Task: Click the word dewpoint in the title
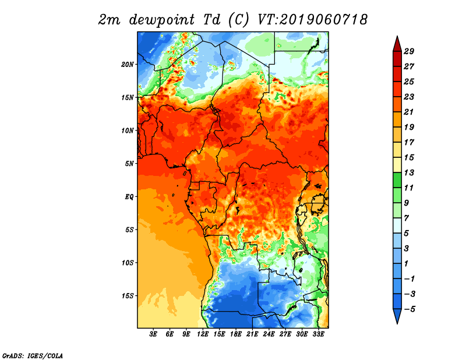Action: (162, 20)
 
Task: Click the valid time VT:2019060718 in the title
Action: (312, 20)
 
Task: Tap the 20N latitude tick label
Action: (128, 64)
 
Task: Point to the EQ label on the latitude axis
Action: (129, 197)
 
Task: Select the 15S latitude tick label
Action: (128, 296)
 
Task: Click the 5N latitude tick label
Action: (129, 164)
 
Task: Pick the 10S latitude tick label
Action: (128, 263)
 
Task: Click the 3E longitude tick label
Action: (153, 334)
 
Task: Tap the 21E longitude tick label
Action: (252, 334)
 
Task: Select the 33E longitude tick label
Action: (318, 334)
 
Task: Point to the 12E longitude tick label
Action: (203, 334)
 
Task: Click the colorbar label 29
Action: (409, 51)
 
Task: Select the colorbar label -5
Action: (409, 309)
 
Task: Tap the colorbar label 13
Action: (409, 172)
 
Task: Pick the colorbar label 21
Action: (409, 112)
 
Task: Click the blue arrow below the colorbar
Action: (397, 316)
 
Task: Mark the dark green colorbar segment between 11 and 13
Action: (397, 180)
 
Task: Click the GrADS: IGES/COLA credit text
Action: (33, 355)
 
